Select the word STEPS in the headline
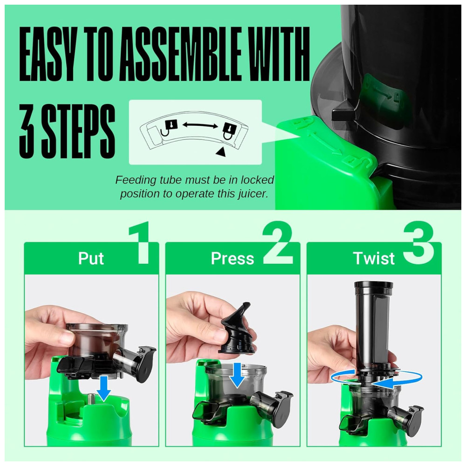[x=78, y=131]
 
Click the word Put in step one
[x=91, y=258]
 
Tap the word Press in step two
[x=233, y=258]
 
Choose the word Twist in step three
[x=374, y=258]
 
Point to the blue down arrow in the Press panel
[x=237, y=375]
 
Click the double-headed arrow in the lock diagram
[x=200, y=125]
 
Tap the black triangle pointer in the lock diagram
[x=220, y=151]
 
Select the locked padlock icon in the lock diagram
[x=230, y=130]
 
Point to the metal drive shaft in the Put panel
[x=92, y=397]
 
